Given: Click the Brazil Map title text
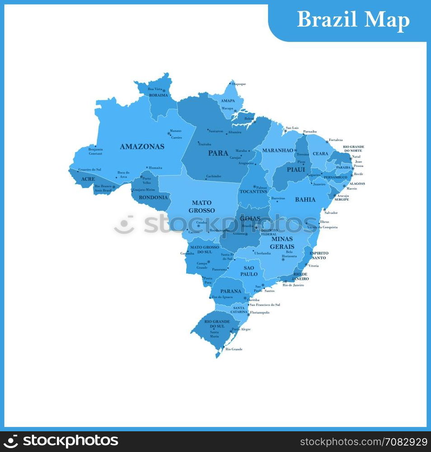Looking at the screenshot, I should click(x=353, y=20).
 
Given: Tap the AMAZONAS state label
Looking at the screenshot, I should click(x=142, y=146).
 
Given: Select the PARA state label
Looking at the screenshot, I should click(x=218, y=153).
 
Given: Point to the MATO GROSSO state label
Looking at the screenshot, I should click(x=201, y=207).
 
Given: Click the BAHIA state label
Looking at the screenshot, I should click(x=305, y=199).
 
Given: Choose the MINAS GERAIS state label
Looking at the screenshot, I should click(x=282, y=243).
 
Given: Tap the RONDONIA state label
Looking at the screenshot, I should click(x=153, y=197).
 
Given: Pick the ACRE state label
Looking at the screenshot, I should click(x=88, y=179).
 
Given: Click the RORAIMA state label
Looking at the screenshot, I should click(x=158, y=95).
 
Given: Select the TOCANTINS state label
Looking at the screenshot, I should click(x=253, y=192).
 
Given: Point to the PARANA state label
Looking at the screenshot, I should click(x=231, y=291).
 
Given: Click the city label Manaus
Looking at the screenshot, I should click(x=175, y=131).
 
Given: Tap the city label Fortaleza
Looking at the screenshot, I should click(x=336, y=140).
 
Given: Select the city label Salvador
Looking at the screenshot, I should click(x=331, y=212).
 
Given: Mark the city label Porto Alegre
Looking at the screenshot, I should click(x=241, y=329).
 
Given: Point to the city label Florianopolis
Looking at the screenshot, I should click(x=260, y=312).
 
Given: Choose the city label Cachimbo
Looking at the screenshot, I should click(x=214, y=176).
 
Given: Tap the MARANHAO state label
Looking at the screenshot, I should click(x=278, y=150).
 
